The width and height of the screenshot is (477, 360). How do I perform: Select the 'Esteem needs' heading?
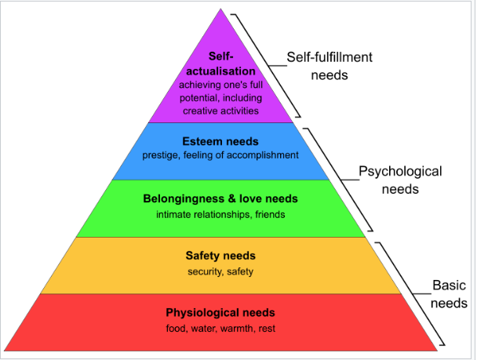[220, 142]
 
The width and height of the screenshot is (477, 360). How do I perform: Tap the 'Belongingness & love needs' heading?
[220, 199]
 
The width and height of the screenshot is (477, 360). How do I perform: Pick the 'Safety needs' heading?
[220, 256]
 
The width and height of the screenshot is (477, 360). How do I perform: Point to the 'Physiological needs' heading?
[220, 314]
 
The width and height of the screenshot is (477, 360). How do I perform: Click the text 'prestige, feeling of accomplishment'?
[220, 155]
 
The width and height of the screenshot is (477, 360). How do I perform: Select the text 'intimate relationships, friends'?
[220, 213]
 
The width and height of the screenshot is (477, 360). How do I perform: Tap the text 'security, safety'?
[220, 271]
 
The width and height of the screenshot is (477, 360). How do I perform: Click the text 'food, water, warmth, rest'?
[220, 328]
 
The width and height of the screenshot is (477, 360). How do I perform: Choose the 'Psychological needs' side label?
[400, 180]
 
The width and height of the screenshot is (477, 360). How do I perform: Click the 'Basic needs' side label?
[450, 294]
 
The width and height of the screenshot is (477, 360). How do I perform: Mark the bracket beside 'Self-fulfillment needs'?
[267, 67]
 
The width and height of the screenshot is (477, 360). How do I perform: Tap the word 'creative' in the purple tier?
[206, 111]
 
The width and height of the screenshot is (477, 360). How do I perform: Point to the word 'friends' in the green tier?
[270, 213]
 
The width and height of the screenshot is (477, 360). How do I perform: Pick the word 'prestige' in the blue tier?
[161, 155]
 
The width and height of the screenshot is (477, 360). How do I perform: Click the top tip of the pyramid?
[220, 9]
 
